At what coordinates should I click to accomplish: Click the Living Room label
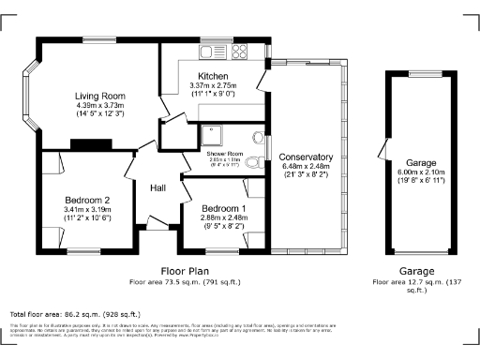pyautogui.click(x=99, y=95)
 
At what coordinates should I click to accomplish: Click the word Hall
pyautogui.click(x=158, y=188)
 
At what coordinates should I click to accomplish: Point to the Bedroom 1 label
pyautogui.click(x=223, y=207)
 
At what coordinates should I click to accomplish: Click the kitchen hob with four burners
pyautogui.click(x=239, y=50)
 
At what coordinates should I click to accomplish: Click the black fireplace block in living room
pyautogui.click(x=89, y=143)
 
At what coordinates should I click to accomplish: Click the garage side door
pyautogui.click(x=383, y=149)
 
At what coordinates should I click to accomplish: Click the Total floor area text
pyautogui.click(x=75, y=313)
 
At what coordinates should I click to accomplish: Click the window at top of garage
pyautogui.click(x=415, y=71)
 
